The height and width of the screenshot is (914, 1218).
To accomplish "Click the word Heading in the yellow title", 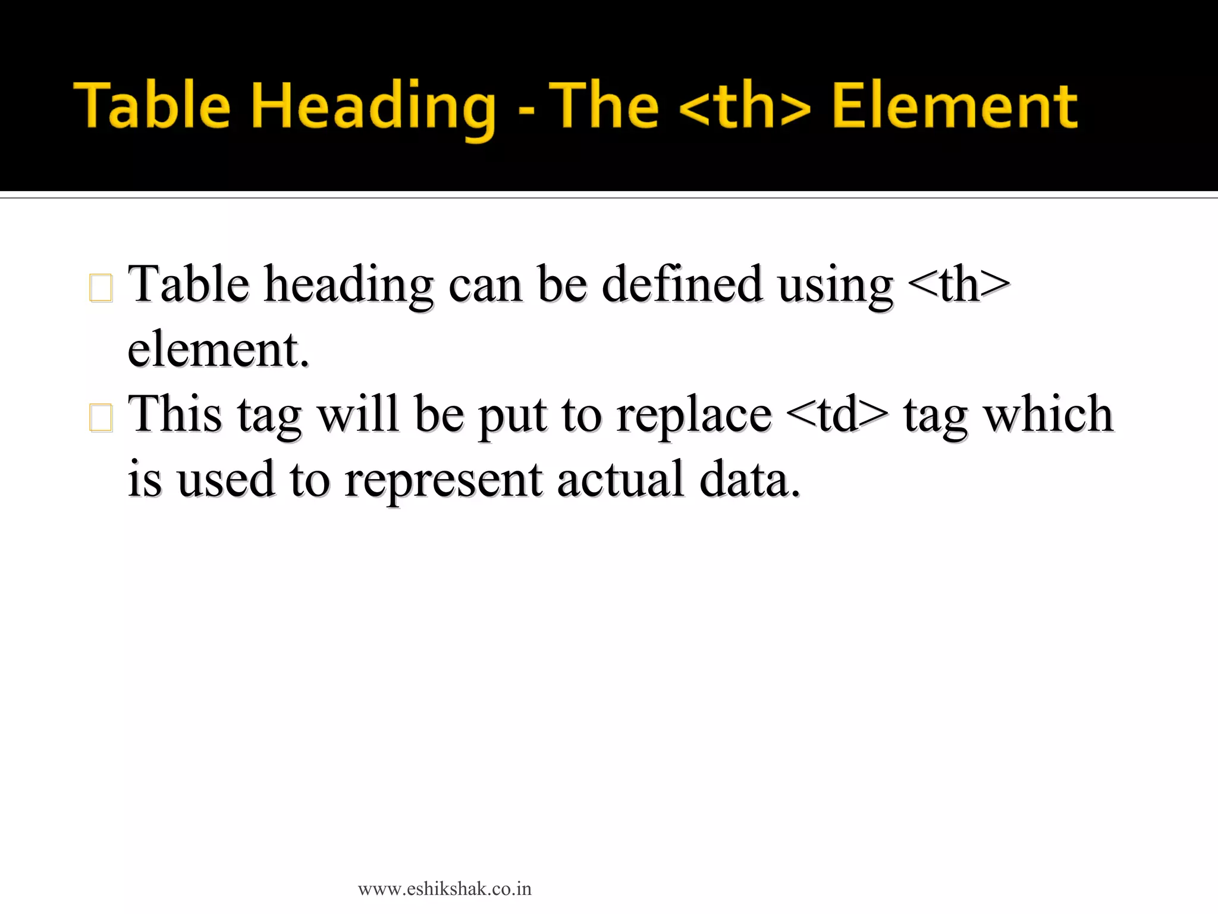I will pyautogui.click(x=373, y=107).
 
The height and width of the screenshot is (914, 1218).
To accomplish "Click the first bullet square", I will pyautogui.click(x=101, y=288).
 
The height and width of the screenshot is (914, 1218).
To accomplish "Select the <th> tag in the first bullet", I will pyautogui.click(x=959, y=284).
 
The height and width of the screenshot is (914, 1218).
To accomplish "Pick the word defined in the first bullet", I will pyautogui.click(x=682, y=284).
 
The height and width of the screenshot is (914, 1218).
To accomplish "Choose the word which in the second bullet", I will pyautogui.click(x=1047, y=414).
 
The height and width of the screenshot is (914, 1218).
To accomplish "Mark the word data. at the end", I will pyautogui.click(x=750, y=480).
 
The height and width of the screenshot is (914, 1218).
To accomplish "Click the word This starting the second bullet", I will pyautogui.click(x=175, y=414).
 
